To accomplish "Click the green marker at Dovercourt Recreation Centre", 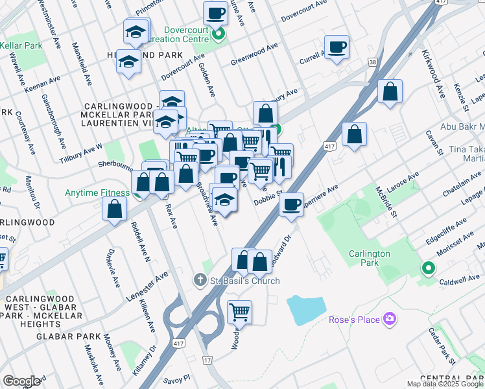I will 219,34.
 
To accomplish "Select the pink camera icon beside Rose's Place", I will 389,318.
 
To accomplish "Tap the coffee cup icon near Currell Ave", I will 337,48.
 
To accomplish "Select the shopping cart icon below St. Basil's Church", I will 239,312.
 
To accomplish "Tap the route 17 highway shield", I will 207,359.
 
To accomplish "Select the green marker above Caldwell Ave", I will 427,266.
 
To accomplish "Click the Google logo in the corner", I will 21,381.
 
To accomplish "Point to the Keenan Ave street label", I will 43,84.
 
